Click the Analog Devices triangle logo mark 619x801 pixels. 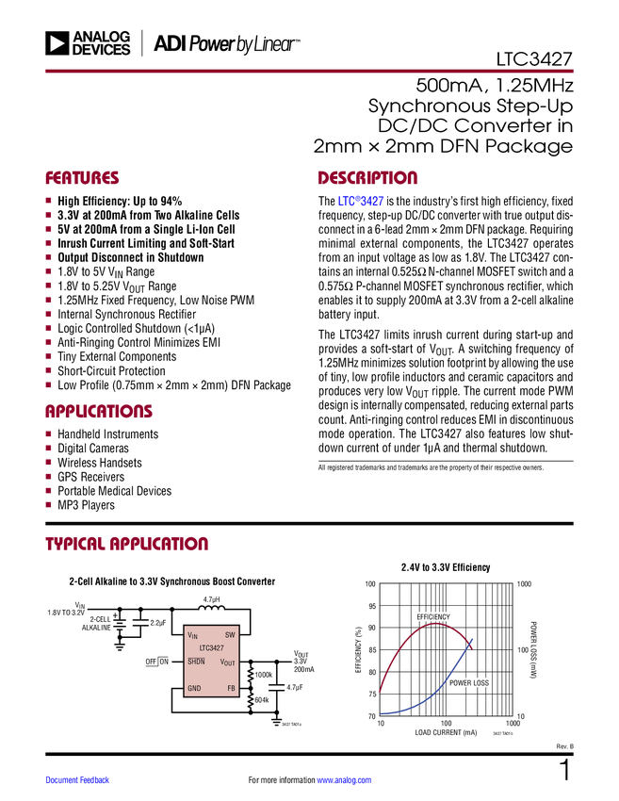pos(58,43)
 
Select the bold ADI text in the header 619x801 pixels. pos(171,43)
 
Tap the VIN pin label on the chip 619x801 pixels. pos(193,636)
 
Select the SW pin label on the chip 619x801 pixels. pos(230,635)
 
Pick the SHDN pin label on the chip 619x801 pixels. pos(196,662)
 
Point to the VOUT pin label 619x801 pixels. pos(227,662)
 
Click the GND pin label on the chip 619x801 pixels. pos(194,689)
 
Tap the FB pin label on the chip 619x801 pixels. pos(231,689)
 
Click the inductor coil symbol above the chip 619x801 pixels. pos(211,609)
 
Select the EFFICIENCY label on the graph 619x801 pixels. pos(433,617)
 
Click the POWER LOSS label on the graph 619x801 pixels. pos(468,683)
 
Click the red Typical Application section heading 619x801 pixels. pos(126,544)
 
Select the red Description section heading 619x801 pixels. pos(367,178)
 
